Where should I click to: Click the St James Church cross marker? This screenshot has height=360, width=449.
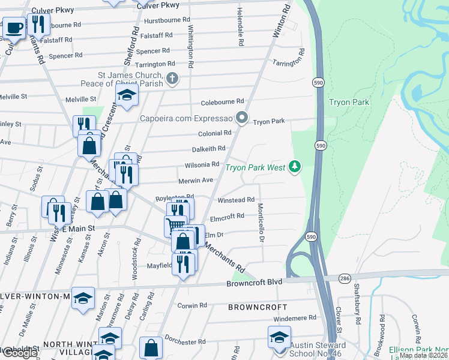[x=172, y=79]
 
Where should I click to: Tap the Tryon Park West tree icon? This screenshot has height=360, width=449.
[x=294, y=166]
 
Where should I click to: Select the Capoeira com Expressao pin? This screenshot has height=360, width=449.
[x=242, y=118]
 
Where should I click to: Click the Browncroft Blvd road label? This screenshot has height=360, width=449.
[x=254, y=283]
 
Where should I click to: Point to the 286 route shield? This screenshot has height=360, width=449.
[x=344, y=278]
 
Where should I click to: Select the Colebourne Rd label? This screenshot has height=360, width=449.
[x=222, y=101]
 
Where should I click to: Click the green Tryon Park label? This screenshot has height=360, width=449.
[x=349, y=102]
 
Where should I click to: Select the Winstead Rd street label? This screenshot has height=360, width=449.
[x=236, y=200]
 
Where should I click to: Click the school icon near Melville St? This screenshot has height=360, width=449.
[x=127, y=95]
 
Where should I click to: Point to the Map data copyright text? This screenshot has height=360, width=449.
[x=423, y=355]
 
